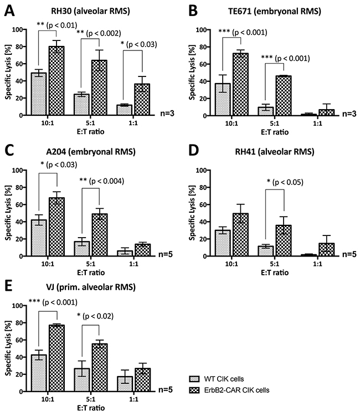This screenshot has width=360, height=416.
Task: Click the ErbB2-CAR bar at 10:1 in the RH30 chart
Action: coord(56,81)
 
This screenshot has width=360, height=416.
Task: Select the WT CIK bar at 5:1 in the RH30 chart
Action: coord(82,105)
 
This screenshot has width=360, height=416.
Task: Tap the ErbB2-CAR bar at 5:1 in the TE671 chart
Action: coord(284,96)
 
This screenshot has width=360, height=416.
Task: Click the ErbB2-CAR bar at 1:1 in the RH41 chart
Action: coord(327,250)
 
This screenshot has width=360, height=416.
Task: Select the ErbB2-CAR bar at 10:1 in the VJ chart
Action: coord(57,358)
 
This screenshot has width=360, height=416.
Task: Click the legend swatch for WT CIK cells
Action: coord(194,379)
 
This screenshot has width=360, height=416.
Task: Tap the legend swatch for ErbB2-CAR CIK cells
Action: coord(194,391)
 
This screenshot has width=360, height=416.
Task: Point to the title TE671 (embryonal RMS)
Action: coord(275,12)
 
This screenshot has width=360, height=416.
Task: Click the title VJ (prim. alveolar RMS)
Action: coord(91,287)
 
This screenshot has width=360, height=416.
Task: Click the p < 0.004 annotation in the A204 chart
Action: coord(107,181)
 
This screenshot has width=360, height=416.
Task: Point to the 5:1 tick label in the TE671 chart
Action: coord(275,124)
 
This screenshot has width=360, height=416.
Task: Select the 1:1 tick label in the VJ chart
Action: coord(133,399)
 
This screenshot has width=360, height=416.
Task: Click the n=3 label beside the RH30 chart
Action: coord(167,114)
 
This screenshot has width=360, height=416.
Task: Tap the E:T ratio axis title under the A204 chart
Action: coord(91,273)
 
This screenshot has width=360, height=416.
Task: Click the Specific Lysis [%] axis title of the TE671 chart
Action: coord(192,72)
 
